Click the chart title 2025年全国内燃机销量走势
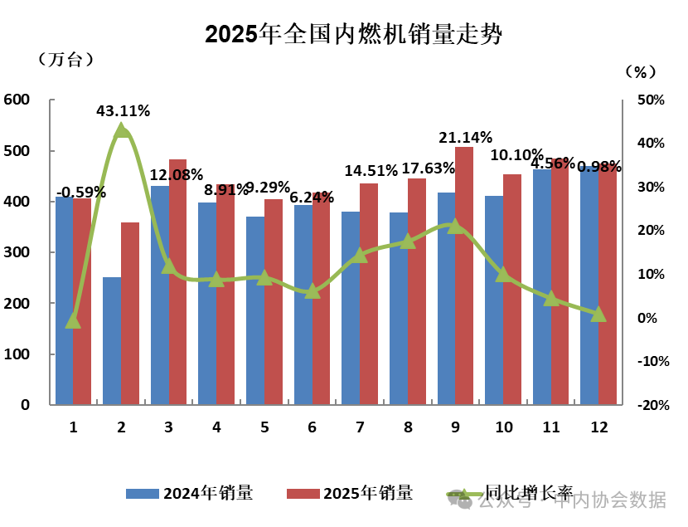tap(354, 34)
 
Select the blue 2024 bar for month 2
tap(112, 341)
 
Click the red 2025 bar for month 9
tap(464, 276)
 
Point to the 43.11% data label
tap(123, 110)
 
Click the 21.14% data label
tap(465, 137)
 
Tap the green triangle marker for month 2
tap(122, 130)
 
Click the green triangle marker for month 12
tap(598, 314)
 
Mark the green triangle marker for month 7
tap(360, 256)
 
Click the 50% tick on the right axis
tap(652, 100)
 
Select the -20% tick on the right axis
tap(654, 405)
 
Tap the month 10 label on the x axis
tap(503, 427)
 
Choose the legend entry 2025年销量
tap(349, 493)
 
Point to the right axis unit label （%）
tap(638, 72)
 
